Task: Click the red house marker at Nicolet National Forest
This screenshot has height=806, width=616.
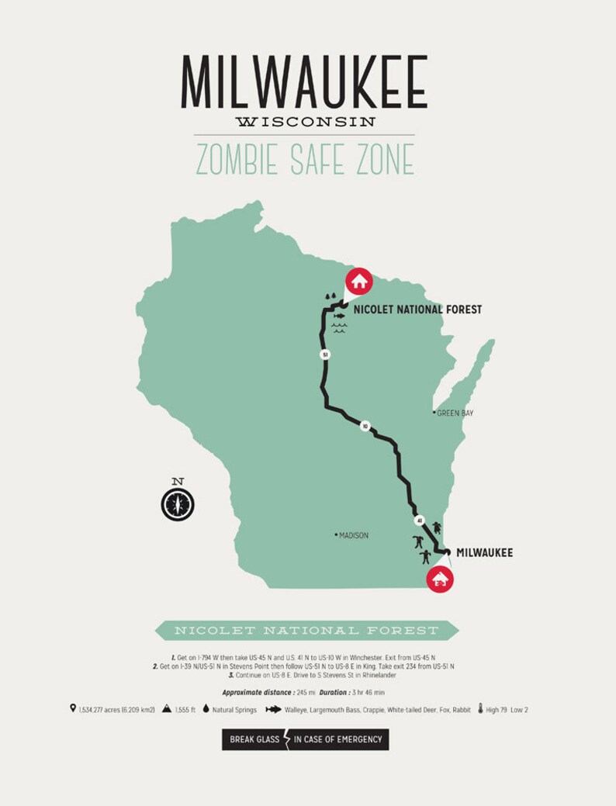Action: pyautogui.click(x=359, y=280)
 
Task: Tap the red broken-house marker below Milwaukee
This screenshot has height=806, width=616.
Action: pyautogui.click(x=441, y=579)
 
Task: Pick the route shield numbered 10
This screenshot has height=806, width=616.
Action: pyautogui.click(x=365, y=426)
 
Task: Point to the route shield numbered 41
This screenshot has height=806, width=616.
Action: pyautogui.click(x=420, y=521)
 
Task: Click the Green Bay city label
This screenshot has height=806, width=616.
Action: pyautogui.click(x=455, y=413)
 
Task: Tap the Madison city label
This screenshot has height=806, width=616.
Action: pyautogui.click(x=353, y=535)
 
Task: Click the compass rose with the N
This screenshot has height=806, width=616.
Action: pyautogui.click(x=178, y=505)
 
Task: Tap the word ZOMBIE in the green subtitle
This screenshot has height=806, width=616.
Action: pyautogui.click(x=235, y=159)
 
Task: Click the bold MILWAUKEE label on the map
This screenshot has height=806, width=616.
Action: pyautogui.click(x=484, y=553)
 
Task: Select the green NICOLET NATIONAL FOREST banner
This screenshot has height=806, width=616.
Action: pyautogui.click(x=306, y=630)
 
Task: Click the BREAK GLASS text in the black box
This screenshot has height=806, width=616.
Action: pyautogui.click(x=254, y=739)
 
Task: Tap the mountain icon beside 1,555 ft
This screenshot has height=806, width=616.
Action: pyautogui.click(x=167, y=709)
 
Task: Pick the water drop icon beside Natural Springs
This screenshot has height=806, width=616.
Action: pyautogui.click(x=206, y=709)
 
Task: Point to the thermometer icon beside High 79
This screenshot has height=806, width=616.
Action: pyautogui.click(x=482, y=709)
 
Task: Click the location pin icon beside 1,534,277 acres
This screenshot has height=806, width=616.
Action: pyautogui.click(x=73, y=709)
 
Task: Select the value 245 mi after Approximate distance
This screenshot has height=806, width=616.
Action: pyautogui.click(x=306, y=692)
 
